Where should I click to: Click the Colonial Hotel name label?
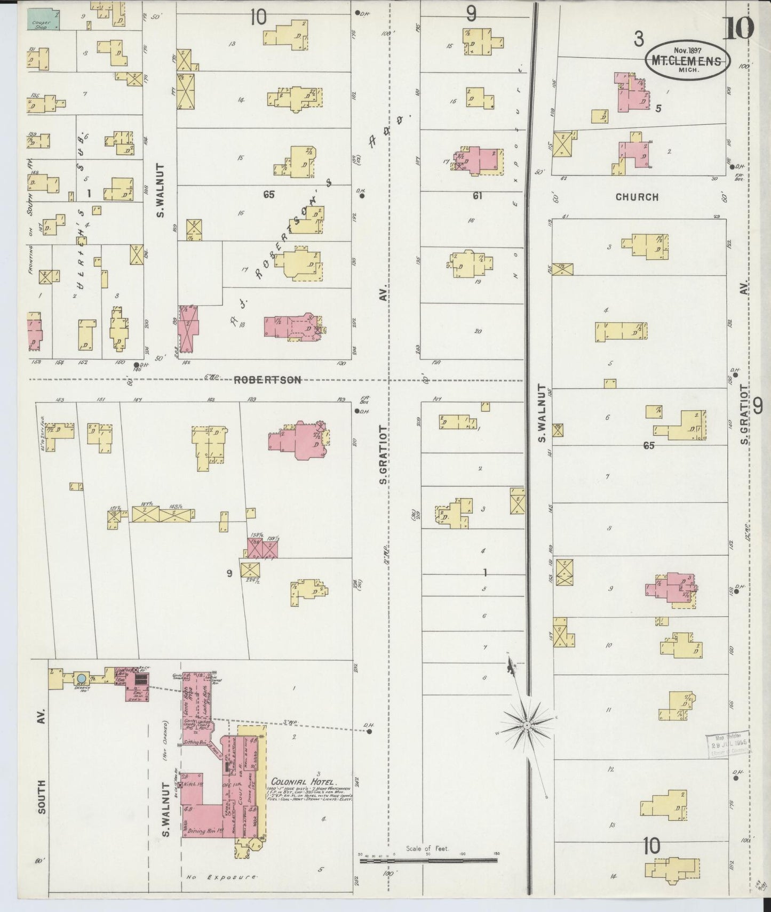point(303,780)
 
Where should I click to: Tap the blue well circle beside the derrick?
point(81,678)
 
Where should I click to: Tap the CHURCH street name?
point(637,197)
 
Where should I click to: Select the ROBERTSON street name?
point(267,380)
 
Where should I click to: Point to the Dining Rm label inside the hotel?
point(201,830)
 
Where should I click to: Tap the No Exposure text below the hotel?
point(221,877)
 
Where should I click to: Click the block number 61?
point(477,196)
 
